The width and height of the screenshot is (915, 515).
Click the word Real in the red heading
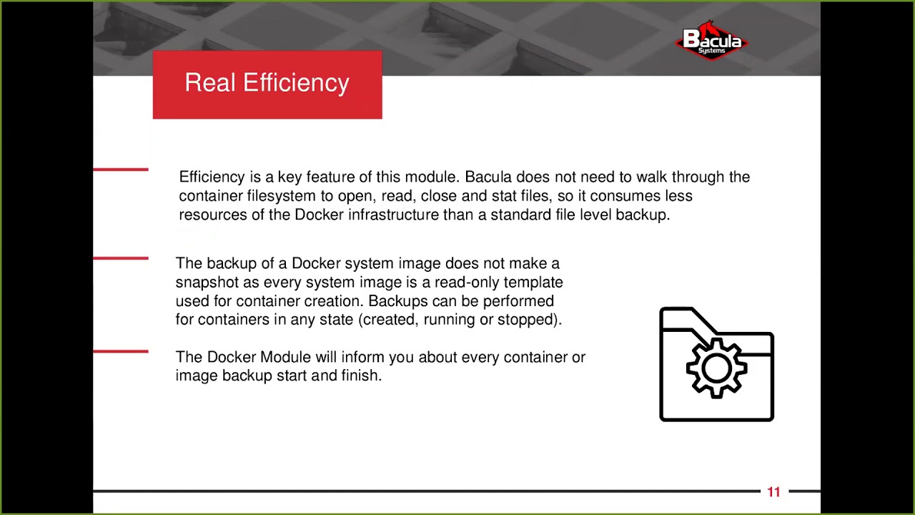[x=210, y=83]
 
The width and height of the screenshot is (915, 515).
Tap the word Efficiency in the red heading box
[x=296, y=83]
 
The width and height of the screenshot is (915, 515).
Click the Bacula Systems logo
[x=711, y=41]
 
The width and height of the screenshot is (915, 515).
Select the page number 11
[x=773, y=492]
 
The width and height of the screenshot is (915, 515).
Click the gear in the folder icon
[x=716, y=368]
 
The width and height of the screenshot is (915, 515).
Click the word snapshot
[x=207, y=283]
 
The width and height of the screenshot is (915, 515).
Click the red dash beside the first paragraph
[x=121, y=170]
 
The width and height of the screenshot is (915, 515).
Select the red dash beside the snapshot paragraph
[x=121, y=258]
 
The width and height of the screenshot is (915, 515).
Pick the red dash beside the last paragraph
[x=121, y=351]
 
